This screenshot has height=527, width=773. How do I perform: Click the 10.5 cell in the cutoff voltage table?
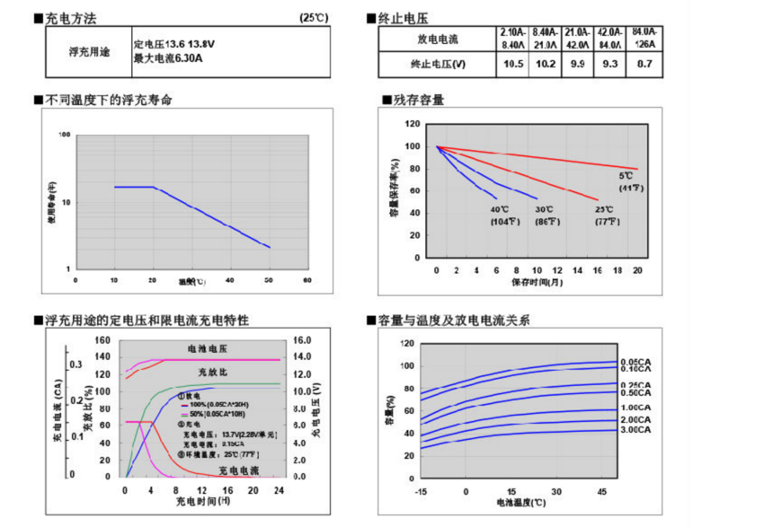pos(513,64)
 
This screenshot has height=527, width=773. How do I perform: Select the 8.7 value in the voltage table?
pos(644,64)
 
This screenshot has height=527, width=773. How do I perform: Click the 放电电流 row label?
pos(438,40)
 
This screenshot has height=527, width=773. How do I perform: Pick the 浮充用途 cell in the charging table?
pos(87,51)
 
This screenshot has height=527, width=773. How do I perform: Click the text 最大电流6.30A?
pos(168,58)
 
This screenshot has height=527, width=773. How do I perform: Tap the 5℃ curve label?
pos(627,177)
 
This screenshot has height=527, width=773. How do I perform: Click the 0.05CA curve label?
pos(637,362)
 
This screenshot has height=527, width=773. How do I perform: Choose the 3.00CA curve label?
pos(637,431)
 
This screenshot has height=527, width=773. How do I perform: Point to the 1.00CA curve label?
pos(637,408)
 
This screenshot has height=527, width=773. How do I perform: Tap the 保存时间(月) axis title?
pos(538,282)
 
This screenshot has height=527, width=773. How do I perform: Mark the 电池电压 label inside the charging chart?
pos(207,348)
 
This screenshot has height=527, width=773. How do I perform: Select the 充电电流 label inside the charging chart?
pos(239,470)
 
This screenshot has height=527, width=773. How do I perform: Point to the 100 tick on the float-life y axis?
pos(65,136)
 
